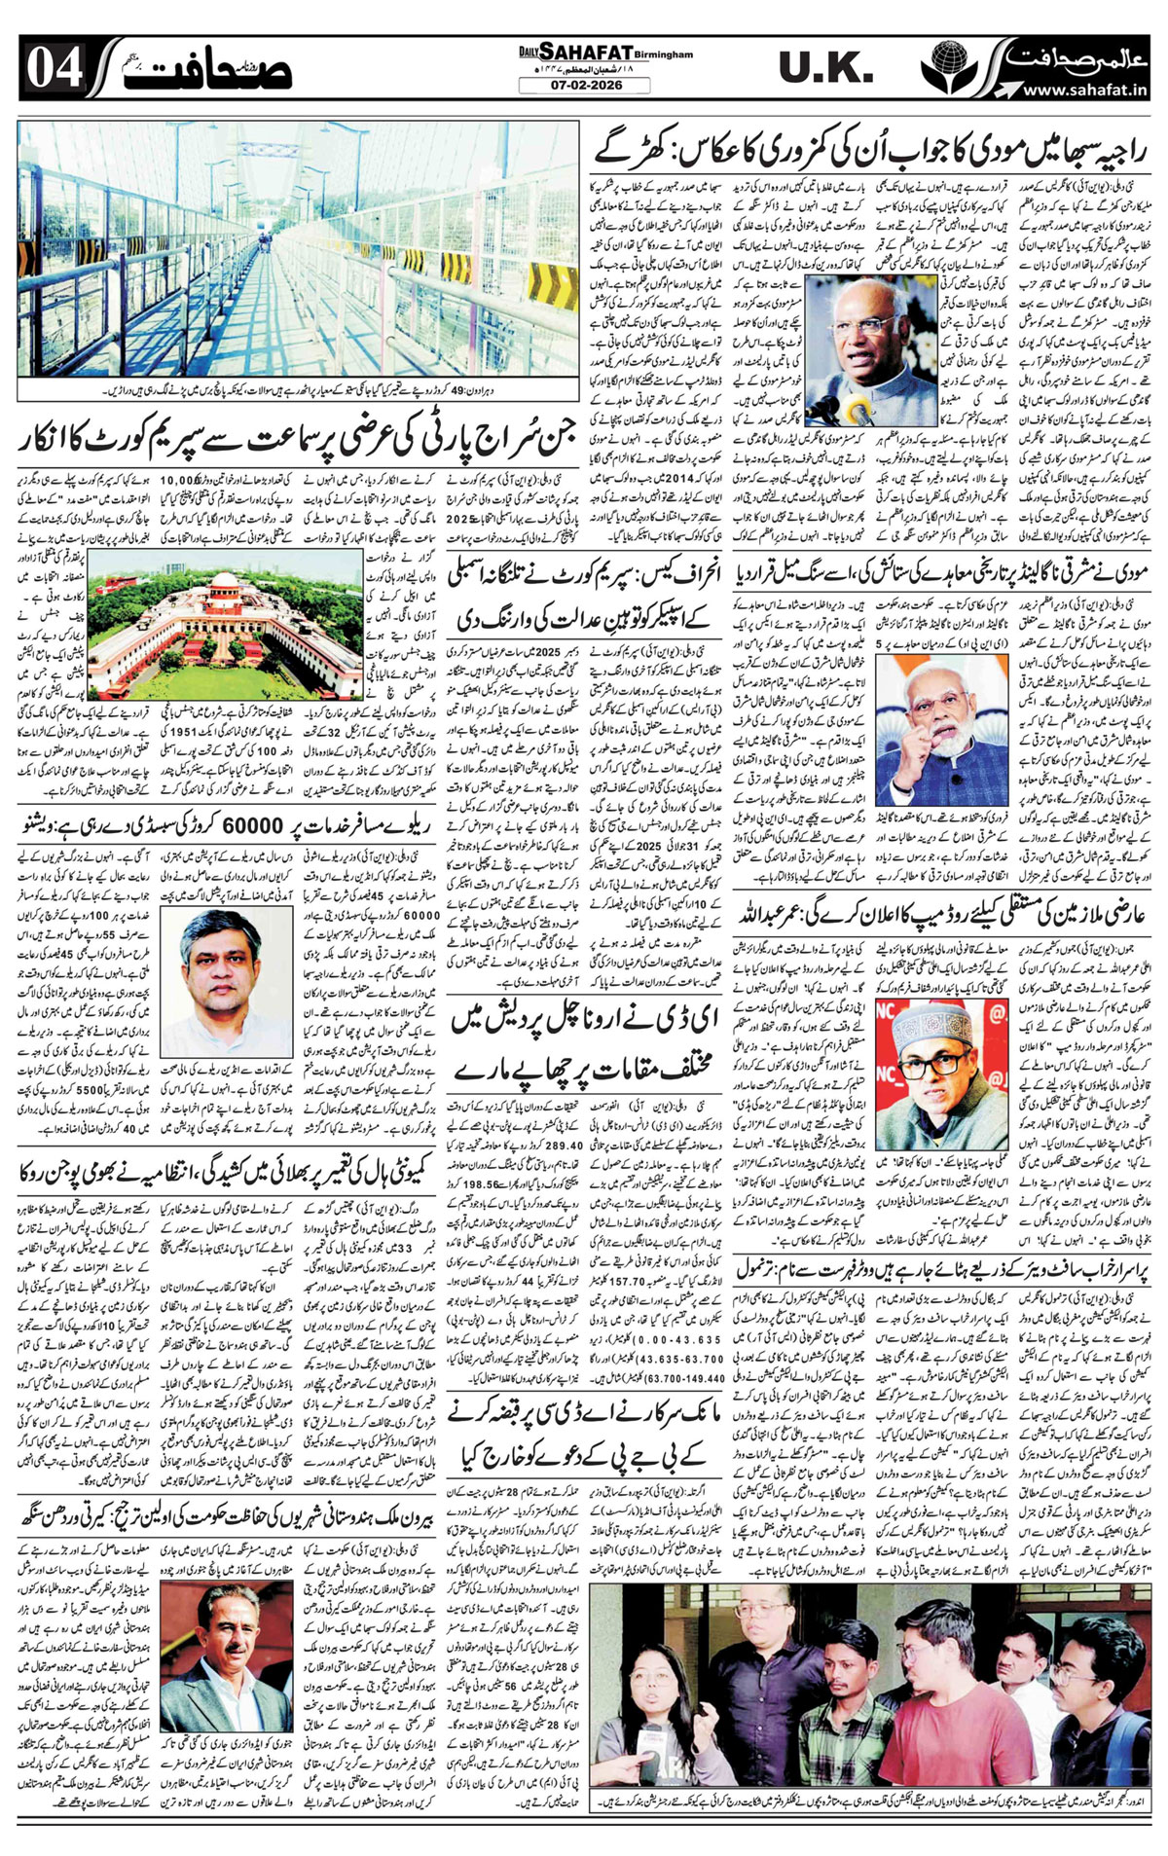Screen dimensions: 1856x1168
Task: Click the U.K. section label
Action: (825, 69)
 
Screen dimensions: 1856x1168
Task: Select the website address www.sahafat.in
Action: (1085, 90)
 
